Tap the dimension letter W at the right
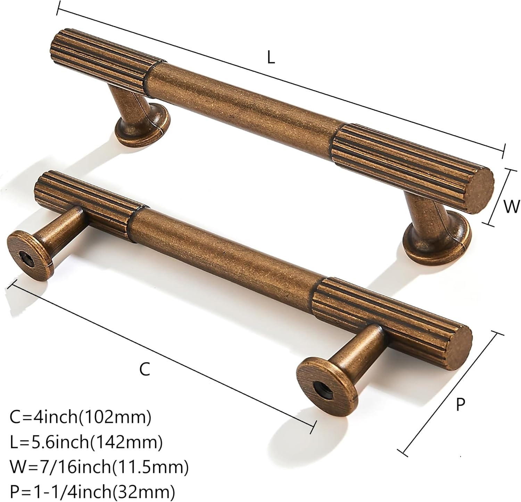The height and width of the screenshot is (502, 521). [x=511, y=206]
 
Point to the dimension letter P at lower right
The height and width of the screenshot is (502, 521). [x=460, y=405]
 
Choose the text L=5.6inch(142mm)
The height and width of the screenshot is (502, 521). [x=86, y=443]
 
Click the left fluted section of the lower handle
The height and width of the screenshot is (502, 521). [x=85, y=202]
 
